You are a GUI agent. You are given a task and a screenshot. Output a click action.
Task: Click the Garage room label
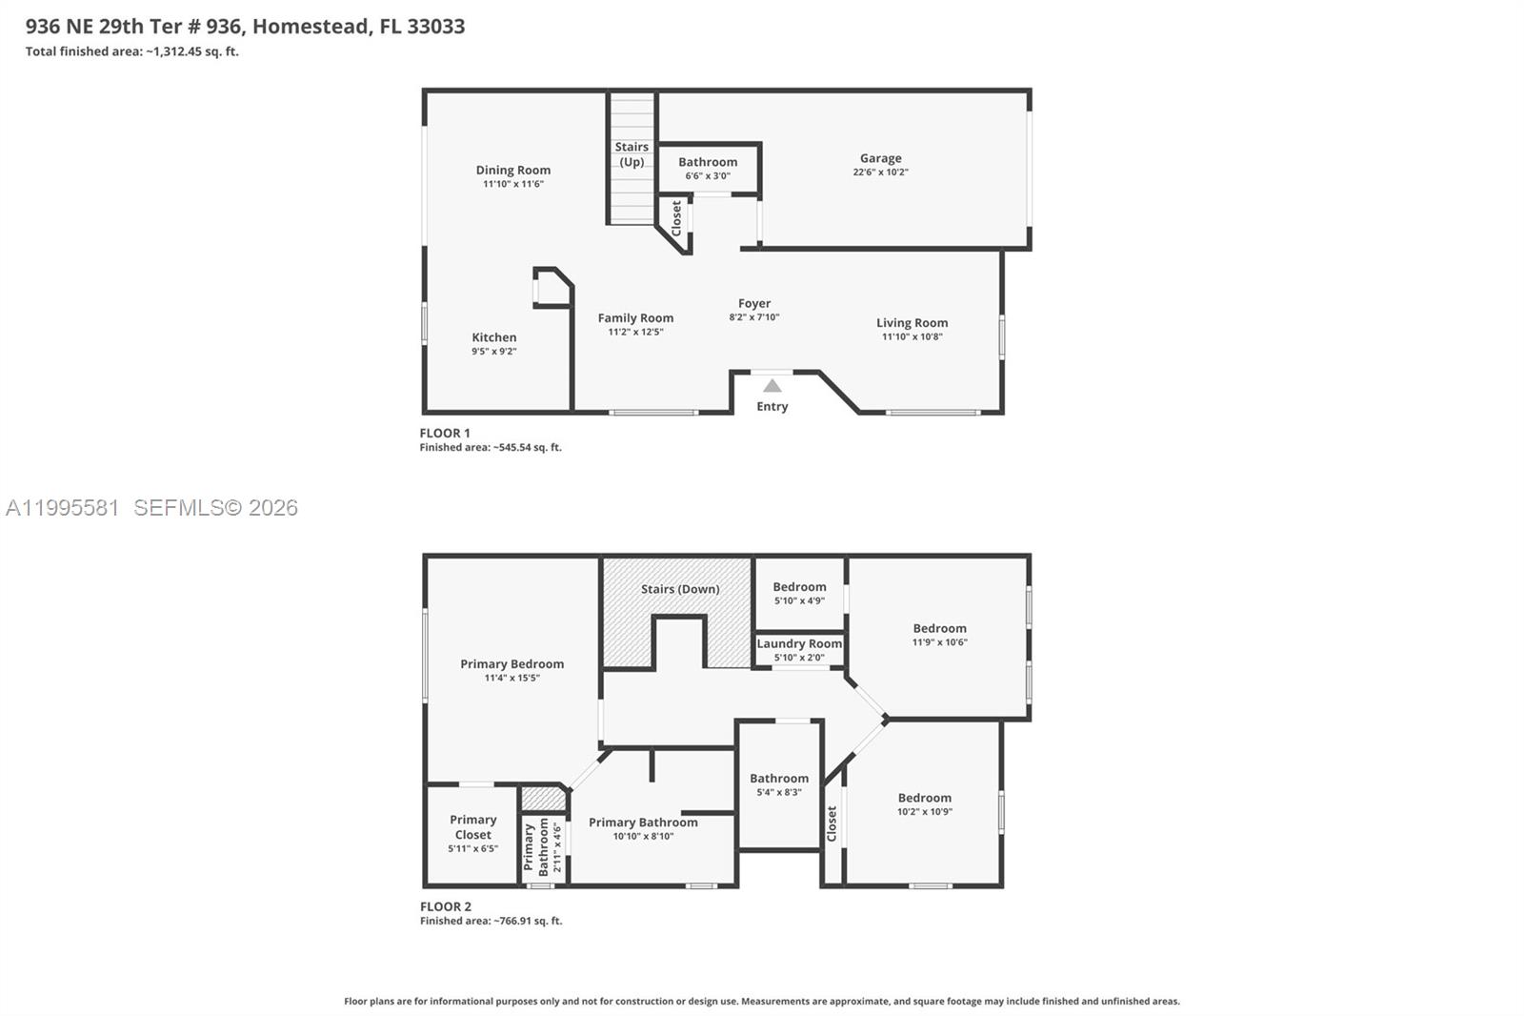(x=880, y=158)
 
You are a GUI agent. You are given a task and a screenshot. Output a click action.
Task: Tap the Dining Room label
(x=512, y=170)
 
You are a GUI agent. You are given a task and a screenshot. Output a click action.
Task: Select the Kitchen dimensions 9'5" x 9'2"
(x=493, y=352)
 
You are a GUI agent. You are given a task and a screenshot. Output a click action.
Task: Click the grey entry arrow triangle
(x=772, y=386)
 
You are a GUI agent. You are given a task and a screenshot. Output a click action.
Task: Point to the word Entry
(x=772, y=407)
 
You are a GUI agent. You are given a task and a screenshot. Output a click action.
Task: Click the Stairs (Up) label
(x=632, y=154)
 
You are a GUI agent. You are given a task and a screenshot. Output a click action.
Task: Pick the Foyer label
(x=753, y=303)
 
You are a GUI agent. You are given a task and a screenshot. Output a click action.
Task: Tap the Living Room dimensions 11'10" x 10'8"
(x=912, y=336)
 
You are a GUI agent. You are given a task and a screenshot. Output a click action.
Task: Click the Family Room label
(x=635, y=318)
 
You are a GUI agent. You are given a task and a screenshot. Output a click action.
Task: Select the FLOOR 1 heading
(x=445, y=433)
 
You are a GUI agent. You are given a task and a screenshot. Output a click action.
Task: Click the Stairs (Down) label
(x=679, y=589)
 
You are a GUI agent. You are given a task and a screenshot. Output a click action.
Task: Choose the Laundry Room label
(x=799, y=643)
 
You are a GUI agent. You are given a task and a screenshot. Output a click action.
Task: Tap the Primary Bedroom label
(x=511, y=664)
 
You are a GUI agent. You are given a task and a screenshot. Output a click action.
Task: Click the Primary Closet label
(x=473, y=827)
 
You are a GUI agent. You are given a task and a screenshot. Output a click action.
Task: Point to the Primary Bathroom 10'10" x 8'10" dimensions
(x=643, y=837)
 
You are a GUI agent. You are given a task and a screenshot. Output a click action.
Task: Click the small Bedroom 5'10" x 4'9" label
(x=799, y=587)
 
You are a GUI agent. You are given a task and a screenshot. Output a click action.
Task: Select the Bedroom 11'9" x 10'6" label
(x=939, y=628)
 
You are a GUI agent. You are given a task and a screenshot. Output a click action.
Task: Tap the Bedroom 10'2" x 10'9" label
(x=924, y=798)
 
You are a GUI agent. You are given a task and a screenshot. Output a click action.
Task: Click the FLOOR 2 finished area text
(x=491, y=922)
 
